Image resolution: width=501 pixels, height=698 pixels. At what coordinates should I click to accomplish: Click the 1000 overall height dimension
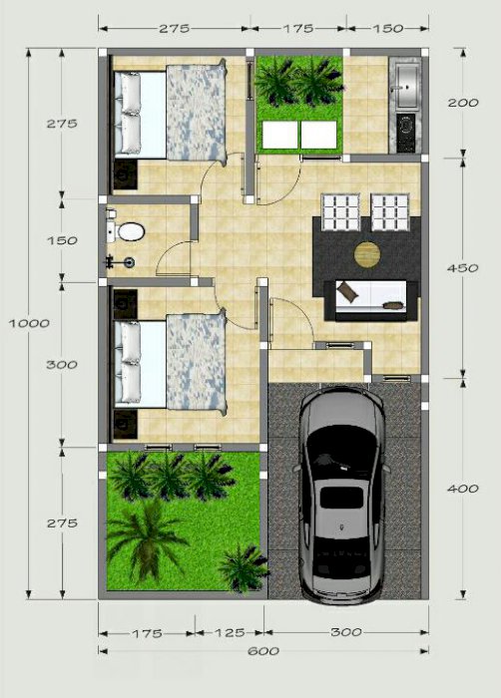29,323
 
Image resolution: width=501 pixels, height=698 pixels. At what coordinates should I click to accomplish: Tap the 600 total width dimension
263,651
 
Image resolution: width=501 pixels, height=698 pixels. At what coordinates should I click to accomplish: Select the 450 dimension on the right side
463,268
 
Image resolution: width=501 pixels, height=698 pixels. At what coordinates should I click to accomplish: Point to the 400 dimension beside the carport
463,489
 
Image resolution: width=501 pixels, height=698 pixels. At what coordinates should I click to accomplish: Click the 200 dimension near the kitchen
463,103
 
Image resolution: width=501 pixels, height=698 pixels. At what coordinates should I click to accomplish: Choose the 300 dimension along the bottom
346,632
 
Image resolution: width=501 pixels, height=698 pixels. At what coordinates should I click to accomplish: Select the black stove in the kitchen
405,133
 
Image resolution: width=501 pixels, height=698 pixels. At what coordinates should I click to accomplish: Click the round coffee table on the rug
367,254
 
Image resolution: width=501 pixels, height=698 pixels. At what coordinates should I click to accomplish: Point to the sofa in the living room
371,300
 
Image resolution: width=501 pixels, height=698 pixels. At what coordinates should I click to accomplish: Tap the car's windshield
342,445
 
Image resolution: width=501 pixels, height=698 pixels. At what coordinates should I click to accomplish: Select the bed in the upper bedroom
170,113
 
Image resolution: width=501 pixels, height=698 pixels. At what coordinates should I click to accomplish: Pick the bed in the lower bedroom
170,363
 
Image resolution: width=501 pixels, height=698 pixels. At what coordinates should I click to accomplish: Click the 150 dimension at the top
388,29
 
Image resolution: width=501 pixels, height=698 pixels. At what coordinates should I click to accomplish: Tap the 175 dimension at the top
297,29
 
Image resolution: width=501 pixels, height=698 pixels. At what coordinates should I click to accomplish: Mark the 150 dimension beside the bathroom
62,240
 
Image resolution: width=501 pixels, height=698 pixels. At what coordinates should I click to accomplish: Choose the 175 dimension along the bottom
147,633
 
